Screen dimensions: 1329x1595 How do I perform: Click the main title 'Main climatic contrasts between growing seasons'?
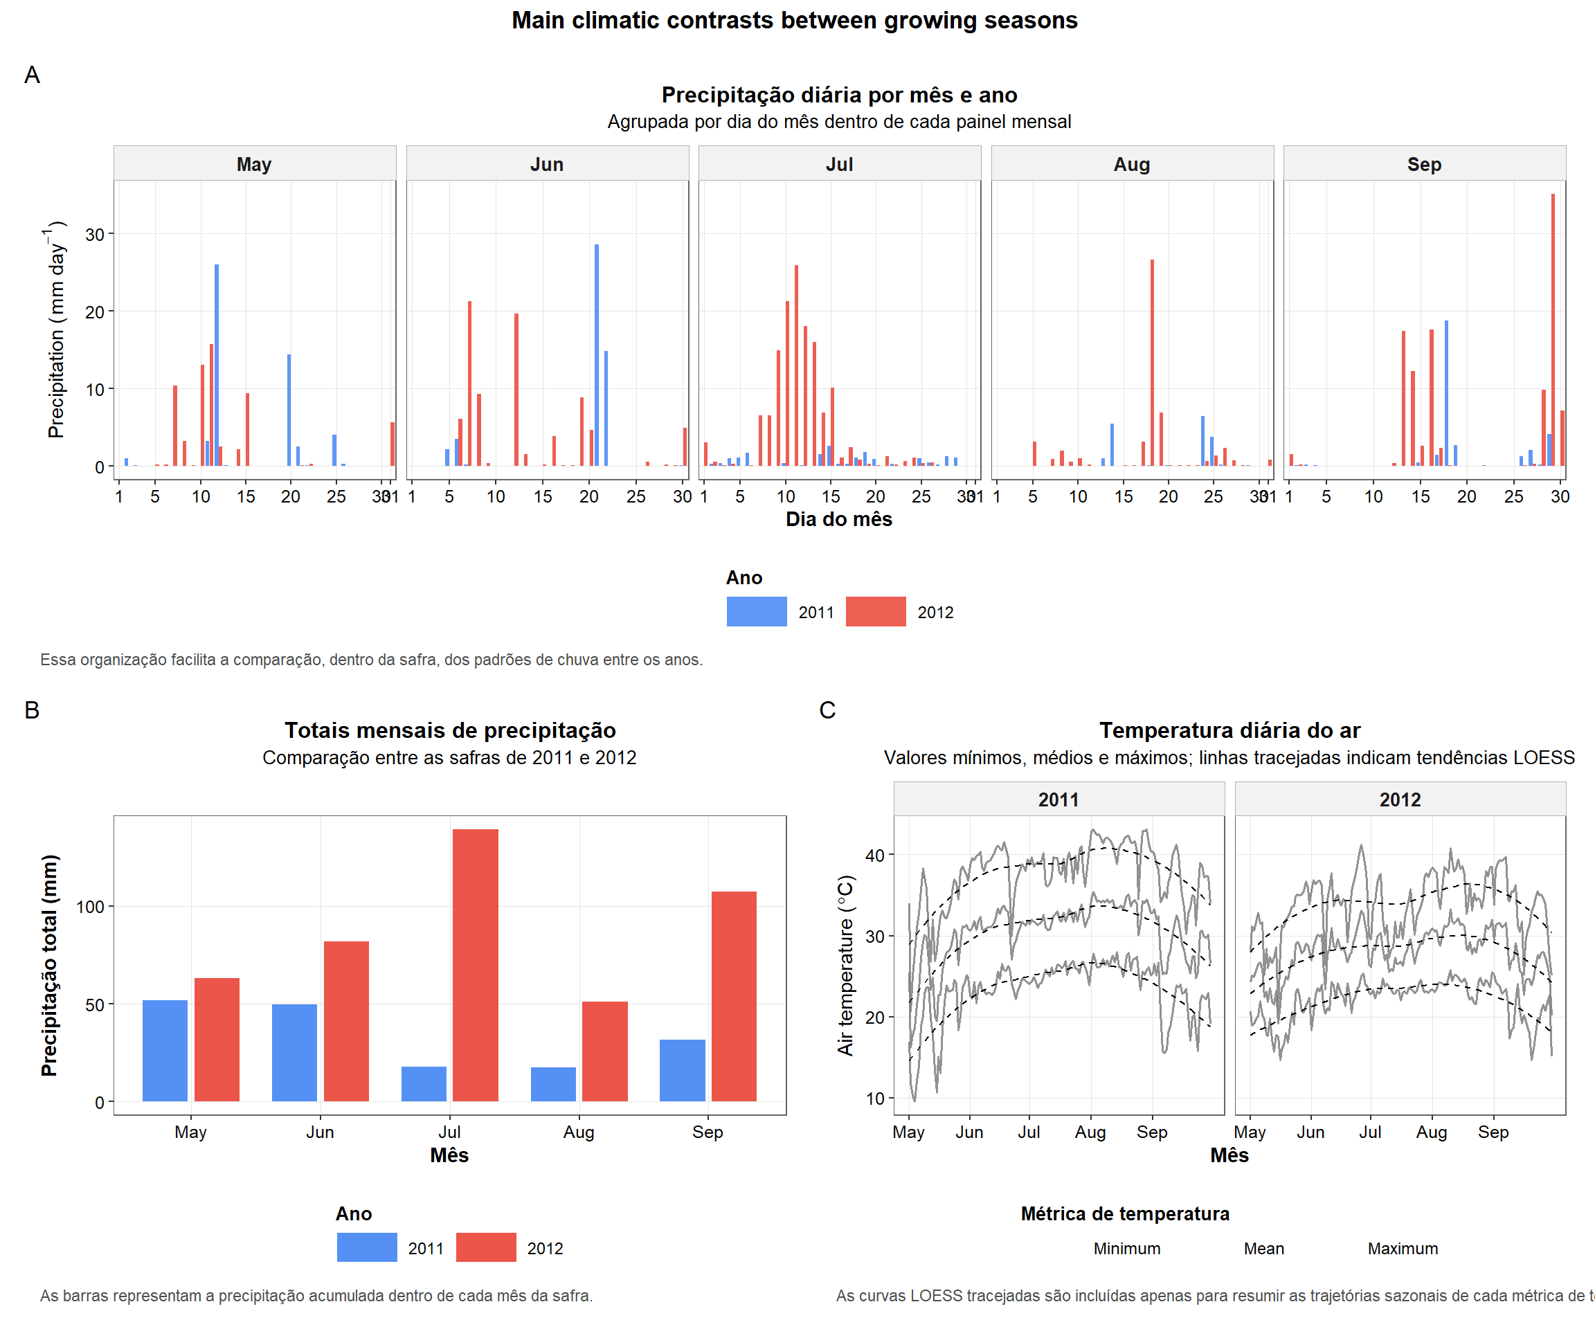pos(795,21)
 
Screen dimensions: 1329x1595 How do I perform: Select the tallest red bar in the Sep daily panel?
pos(1553,329)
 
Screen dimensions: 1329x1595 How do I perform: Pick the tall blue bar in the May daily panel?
pos(217,365)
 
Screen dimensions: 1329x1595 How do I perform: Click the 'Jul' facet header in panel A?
pos(839,164)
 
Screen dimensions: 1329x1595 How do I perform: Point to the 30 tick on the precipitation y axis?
pos(94,235)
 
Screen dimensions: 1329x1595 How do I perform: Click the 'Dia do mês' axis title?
pos(838,519)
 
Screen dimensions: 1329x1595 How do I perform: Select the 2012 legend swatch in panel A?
pos(875,611)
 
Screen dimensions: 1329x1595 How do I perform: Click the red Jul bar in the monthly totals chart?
pos(476,964)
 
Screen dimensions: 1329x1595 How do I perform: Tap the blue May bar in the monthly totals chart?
pos(165,1050)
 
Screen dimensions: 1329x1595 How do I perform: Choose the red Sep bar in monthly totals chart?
pos(734,995)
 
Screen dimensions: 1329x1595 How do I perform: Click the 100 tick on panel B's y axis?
pos(89,907)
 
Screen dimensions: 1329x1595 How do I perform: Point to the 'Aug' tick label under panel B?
pos(579,1132)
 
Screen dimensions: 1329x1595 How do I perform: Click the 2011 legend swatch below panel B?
pos(367,1247)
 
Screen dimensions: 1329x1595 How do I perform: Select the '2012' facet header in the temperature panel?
pos(1400,799)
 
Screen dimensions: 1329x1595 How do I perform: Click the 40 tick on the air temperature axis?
pos(874,855)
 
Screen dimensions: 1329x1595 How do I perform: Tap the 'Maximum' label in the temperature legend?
pos(1402,1249)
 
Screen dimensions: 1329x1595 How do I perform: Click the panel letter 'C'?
pos(827,710)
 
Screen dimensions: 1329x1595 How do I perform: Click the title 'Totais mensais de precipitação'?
pos(450,730)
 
